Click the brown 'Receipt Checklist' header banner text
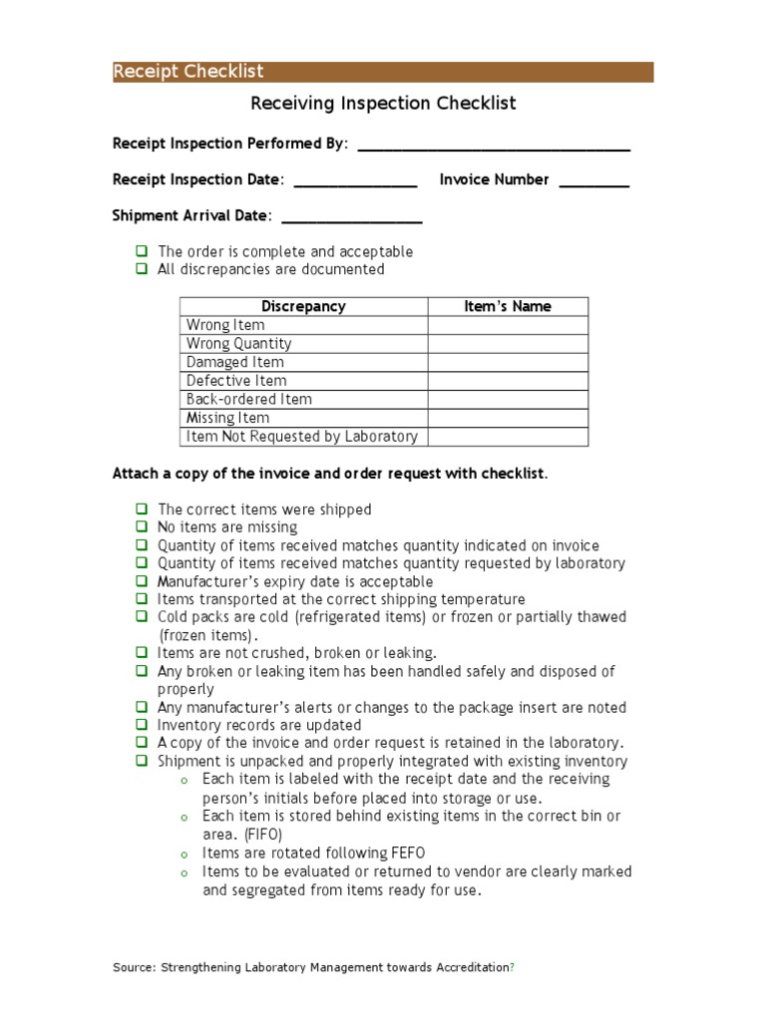tap(189, 72)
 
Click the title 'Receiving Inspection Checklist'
tap(383, 104)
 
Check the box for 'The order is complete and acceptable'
tap(142, 251)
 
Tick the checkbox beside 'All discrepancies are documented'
tap(142, 269)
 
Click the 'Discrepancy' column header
tap(303, 307)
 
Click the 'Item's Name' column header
tap(508, 307)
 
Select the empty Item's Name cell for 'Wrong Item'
tap(508, 325)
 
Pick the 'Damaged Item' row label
tap(235, 362)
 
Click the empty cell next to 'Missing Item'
tap(508, 418)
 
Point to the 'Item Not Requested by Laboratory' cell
tap(302, 437)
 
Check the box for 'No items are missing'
tap(142, 527)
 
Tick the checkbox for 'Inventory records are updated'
tap(142, 725)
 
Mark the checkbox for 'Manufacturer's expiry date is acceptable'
tap(142, 581)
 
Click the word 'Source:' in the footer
tap(134, 967)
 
